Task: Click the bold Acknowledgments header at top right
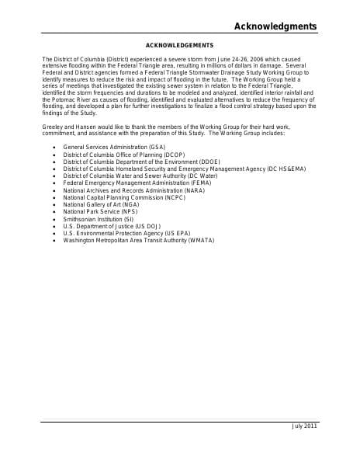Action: click(x=275, y=26)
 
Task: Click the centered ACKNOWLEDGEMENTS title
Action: click(x=179, y=46)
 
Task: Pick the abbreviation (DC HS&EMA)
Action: click(x=286, y=169)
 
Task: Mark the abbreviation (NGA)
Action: click(x=128, y=204)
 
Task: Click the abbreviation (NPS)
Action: click(x=126, y=211)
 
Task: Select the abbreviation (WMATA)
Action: click(x=200, y=240)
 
